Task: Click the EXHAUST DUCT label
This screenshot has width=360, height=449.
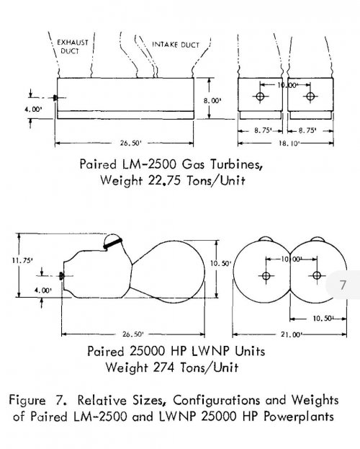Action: (x=73, y=47)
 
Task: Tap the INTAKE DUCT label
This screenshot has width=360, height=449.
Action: (x=176, y=45)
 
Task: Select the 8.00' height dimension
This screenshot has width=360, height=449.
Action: (x=212, y=100)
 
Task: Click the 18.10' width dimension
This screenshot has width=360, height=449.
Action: (x=289, y=143)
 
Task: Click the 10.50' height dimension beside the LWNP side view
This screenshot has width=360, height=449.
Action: (x=220, y=264)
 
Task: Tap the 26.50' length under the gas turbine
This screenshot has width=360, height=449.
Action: (x=130, y=143)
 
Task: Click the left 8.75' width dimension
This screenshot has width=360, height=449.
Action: (x=263, y=130)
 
